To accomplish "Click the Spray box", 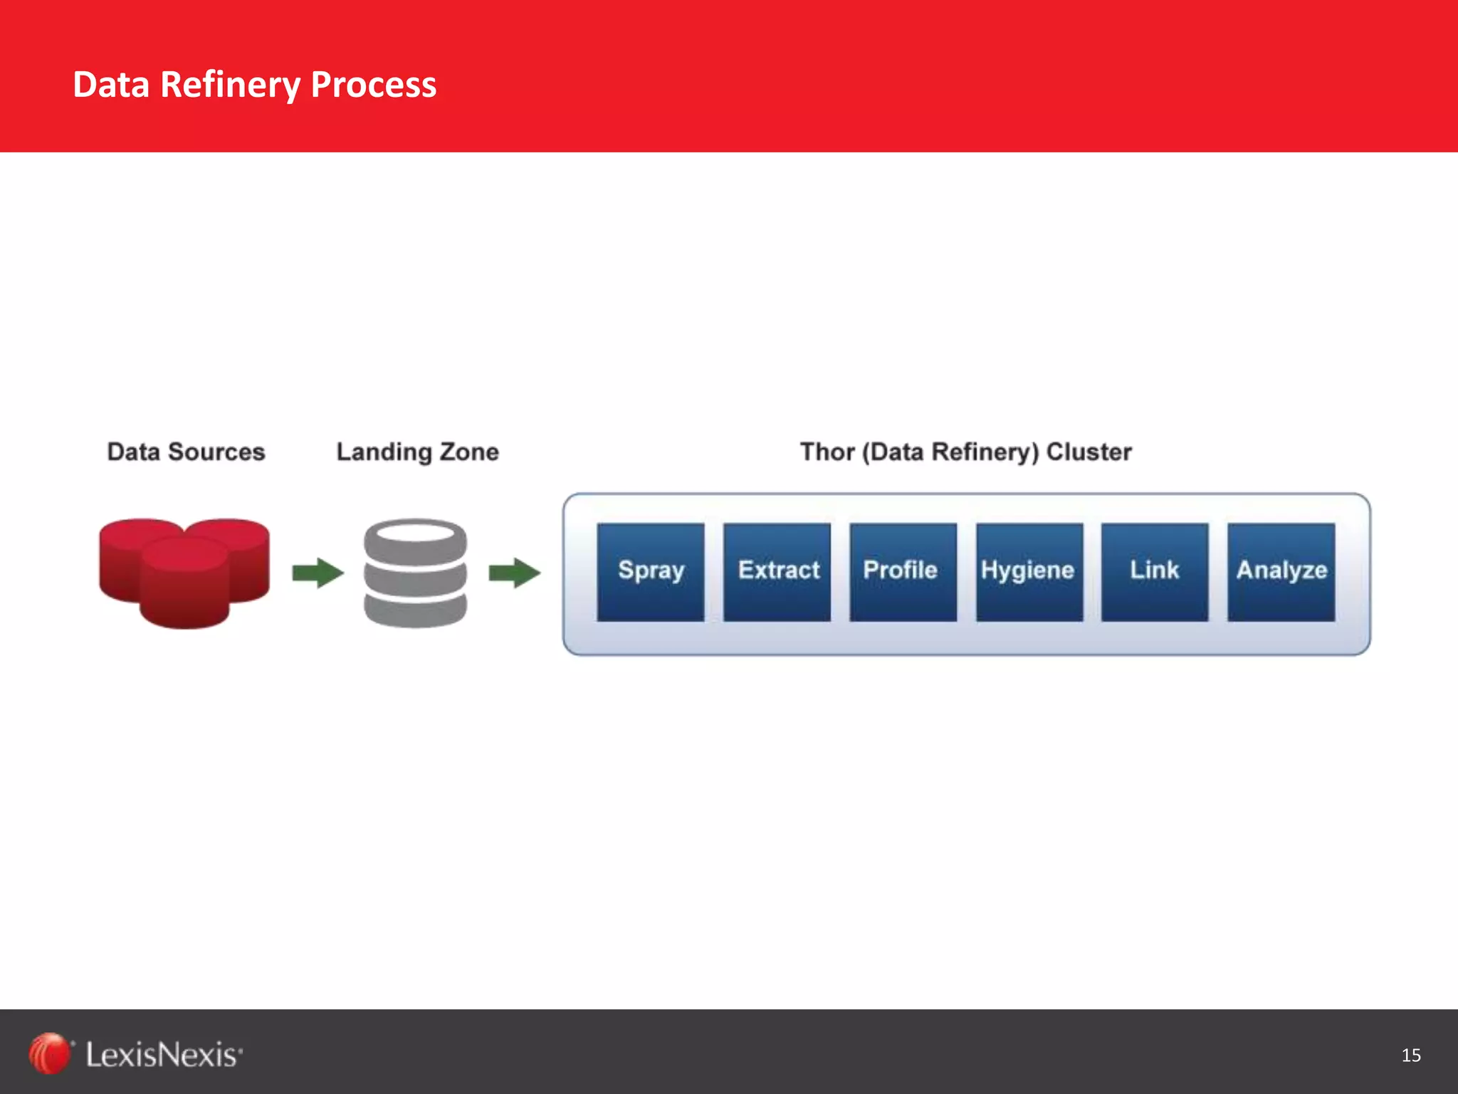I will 650,572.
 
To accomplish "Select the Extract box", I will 777,572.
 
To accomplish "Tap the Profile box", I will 903,572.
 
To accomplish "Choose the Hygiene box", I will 1029,572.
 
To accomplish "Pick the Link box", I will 1154,572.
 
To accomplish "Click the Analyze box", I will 1281,572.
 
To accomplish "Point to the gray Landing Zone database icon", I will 415,573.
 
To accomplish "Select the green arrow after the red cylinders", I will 318,573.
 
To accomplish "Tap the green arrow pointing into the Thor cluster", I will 514,573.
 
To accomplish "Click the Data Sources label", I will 186,452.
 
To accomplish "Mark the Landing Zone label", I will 417,452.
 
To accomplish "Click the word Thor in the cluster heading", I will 827,452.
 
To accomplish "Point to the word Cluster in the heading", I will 1089,452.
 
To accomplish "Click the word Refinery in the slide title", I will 230,85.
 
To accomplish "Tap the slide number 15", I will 1410,1055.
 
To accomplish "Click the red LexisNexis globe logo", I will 49,1053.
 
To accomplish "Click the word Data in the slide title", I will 111,85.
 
